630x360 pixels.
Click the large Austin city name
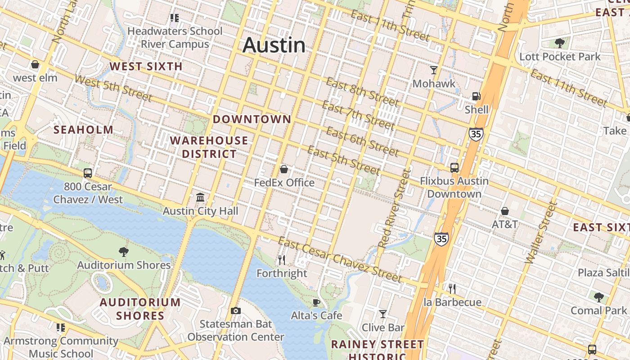pos(274,45)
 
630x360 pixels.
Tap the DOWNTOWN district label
pos(252,119)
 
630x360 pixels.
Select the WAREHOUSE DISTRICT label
pos(209,147)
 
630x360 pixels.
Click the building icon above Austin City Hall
pos(200,198)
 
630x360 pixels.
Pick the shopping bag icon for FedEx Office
pos(284,170)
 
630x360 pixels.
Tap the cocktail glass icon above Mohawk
pos(434,70)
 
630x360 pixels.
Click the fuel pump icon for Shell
pos(476,96)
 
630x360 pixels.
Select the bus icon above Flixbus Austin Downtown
pos(454,168)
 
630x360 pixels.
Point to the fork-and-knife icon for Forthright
pos(282,260)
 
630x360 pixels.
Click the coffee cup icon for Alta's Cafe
pos(316,302)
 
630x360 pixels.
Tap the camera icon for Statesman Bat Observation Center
pos(235,310)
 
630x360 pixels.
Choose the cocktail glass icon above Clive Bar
pos(383,314)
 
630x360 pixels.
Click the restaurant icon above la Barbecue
pos(452,288)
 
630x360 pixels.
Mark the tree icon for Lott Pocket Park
pos(560,43)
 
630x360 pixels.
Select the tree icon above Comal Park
pos(598,297)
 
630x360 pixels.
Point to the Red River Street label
pos(395,208)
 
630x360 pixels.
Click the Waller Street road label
pos(541,233)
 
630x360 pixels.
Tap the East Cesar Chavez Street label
pos(339,260)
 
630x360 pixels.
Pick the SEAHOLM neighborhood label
pos(84,130)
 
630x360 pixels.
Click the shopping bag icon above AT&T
pos(505,211)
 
